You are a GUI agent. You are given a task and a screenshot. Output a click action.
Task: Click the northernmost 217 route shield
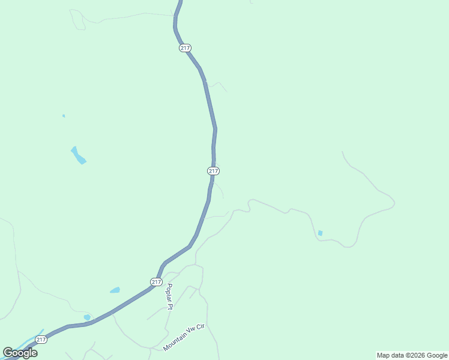(185, 48)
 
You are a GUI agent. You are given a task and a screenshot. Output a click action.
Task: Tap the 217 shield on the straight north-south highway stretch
(214, 171)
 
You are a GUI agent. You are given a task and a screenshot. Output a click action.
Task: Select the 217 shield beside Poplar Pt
(156, 282)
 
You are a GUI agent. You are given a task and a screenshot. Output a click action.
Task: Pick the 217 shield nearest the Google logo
(41, 340)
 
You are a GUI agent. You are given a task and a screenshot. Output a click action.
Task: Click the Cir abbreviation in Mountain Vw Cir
(200, 327)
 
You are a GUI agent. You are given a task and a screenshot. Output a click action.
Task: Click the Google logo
(20, 353)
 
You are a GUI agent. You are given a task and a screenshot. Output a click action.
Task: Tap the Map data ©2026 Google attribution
(412, 355)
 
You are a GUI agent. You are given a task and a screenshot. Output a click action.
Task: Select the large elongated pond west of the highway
(78, 155)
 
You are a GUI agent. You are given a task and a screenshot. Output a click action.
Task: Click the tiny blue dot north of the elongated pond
(64, 116)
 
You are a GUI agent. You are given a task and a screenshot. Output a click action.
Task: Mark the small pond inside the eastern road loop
(320, 233)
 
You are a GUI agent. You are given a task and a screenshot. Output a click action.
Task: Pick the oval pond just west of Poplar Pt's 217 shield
(115, 290)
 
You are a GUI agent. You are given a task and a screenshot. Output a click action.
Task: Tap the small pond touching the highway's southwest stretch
(87, 317)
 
